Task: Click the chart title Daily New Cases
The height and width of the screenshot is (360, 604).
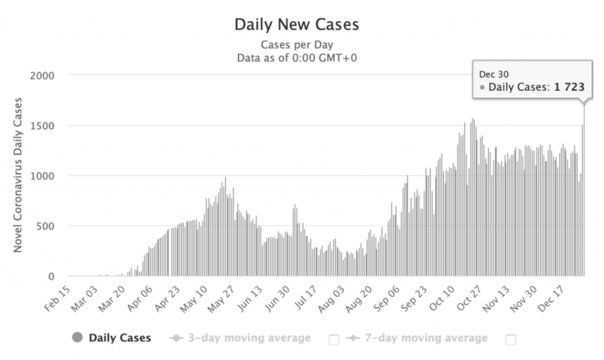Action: pos(297,25)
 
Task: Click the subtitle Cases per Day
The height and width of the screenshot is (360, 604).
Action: pos(297,45)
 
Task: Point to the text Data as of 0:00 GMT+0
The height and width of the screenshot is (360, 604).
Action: pos(297,58)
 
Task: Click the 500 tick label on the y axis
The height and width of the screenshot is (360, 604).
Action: pos(46,226)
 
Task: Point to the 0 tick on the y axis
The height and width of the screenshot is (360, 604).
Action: pos(51,276)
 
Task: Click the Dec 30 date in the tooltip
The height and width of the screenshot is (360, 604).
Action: pos(490,74)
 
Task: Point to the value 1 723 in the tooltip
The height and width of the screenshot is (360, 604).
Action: pos(569,87)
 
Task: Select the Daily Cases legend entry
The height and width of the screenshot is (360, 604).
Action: pos(120,338)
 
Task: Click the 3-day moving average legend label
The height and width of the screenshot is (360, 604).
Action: pos(249,338)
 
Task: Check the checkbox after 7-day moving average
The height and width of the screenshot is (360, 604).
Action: pos(511,339)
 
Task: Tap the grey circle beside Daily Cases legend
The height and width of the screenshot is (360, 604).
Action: pos(77,338)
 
